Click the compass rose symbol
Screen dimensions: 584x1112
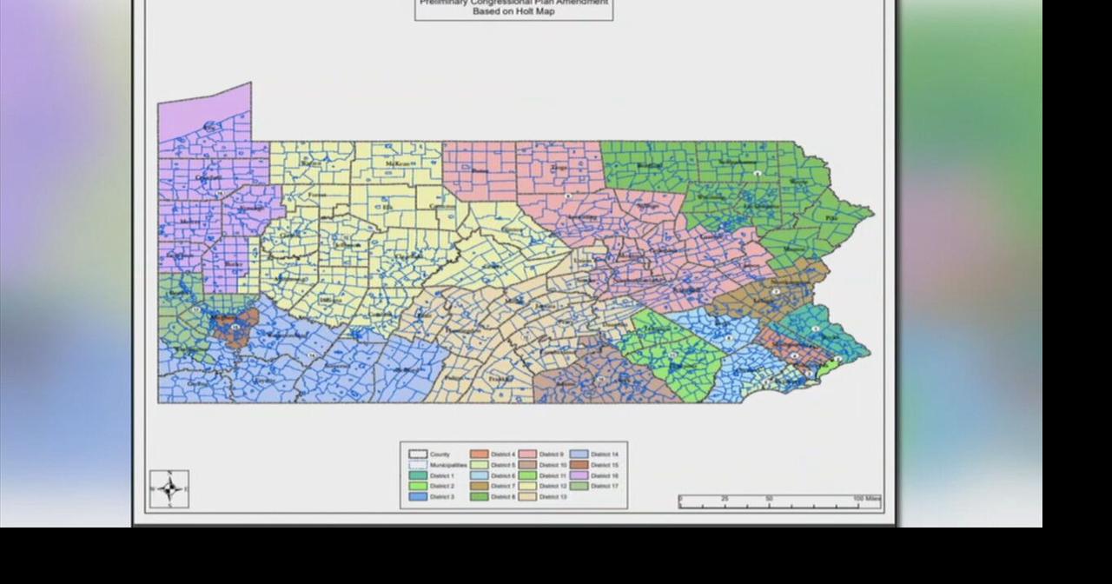point(169,488)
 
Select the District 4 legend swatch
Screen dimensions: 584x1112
point(480,455)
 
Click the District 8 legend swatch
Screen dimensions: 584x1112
point(480,496)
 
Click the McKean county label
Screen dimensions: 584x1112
point(399,163)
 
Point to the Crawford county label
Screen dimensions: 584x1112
point(208,177)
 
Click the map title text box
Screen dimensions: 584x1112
point(513,9)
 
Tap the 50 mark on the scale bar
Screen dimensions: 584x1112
point(769,499)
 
